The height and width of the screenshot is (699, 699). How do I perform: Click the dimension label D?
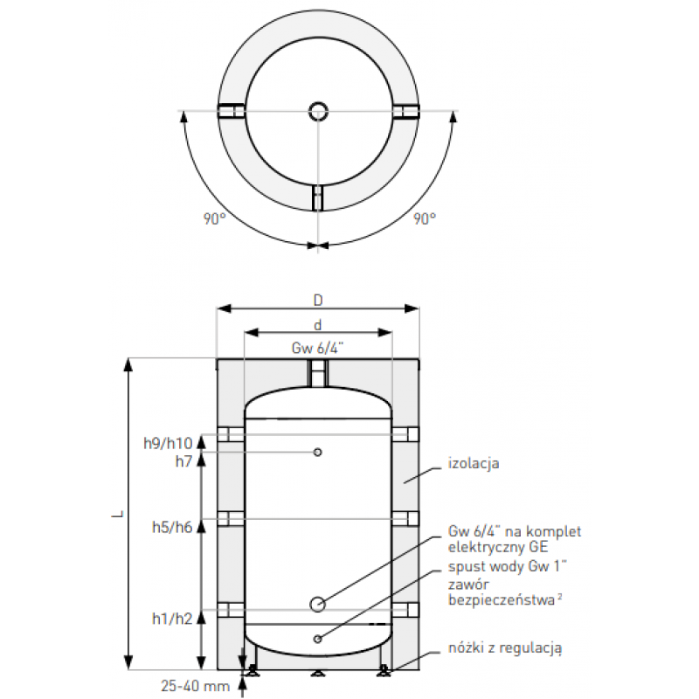pos(318,301)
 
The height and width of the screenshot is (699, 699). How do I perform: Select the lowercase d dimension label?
pos(318,325)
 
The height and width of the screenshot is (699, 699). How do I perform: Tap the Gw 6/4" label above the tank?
pos(317,348)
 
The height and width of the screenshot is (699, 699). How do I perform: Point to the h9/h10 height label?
pos(168,443)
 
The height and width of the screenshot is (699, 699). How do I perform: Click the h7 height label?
pos(183,461)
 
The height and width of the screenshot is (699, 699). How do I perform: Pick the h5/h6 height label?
pos(172,528)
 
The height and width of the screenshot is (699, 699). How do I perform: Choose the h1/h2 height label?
pos(172,619)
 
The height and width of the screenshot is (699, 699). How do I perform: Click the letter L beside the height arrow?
pos(118,514)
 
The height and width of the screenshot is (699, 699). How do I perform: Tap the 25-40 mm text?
pos(195,686)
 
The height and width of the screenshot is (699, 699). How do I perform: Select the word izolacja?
pos(474,464)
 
